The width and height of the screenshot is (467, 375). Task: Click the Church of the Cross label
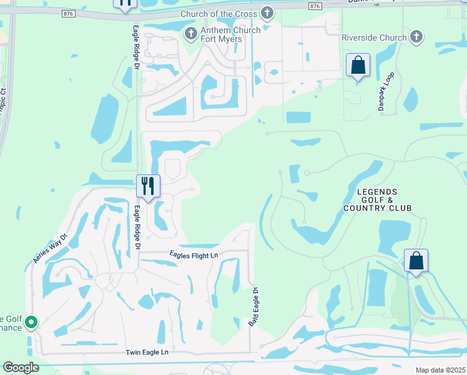(x=219, y=14)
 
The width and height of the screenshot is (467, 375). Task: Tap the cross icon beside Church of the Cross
(x=267, y=12)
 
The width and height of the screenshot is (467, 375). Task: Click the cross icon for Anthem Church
(x=190, y=32)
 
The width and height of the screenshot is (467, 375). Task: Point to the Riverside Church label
(x=374, y=37)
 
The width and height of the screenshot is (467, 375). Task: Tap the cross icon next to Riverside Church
(x=417, y=37)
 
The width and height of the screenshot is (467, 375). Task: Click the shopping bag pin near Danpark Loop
(x=358, y=66)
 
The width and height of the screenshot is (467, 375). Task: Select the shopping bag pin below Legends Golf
(x=416, y=261)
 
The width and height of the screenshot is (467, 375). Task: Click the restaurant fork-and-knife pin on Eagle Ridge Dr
(x=148, y=186)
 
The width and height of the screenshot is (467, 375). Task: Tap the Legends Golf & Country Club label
(x=377, y=199)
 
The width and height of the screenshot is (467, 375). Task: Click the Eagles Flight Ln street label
(x=194, y=255)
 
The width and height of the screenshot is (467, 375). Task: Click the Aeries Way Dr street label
(x=49, y=247)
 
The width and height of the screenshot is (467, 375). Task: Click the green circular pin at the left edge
(x=30, y=322)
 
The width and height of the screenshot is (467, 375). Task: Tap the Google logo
(x=20, y=367)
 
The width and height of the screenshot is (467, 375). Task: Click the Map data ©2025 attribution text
(x=440, y=370)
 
